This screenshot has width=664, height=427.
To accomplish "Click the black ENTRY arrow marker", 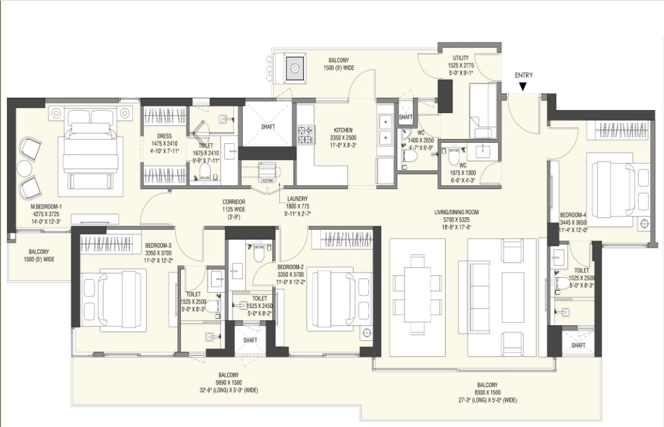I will pos(524,86).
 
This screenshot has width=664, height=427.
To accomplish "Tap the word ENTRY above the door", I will pos(524,75).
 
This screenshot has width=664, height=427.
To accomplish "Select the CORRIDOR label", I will pos(236,201).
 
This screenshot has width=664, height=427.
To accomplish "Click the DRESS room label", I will pos(164,136).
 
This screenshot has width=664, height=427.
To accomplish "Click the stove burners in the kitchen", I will pos(305,134).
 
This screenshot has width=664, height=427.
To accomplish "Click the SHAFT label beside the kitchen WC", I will pos(405,117).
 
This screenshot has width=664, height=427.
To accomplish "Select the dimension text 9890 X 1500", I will pos(229,382).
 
